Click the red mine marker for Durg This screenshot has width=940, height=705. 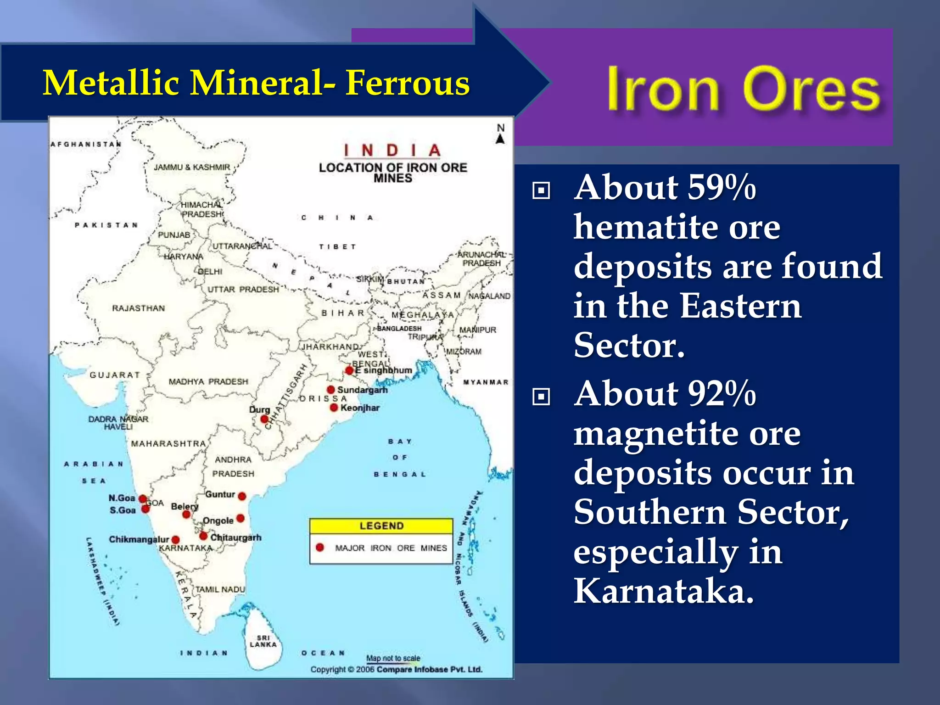point(264,419)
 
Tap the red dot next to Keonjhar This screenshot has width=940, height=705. point(334,408)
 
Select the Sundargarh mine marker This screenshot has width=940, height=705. point(330,390)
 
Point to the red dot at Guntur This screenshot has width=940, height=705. point(242,496)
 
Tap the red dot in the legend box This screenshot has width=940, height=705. point(320,547)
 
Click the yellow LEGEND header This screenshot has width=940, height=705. point(381,526)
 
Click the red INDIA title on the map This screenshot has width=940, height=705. point(392,150)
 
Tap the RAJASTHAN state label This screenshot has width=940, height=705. point(138,308)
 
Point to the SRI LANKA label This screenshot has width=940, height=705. point(263,641)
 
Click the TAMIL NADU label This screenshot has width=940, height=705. point(220,589)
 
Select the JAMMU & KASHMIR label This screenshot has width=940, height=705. point(192,168)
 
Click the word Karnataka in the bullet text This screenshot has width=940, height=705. point(663,591)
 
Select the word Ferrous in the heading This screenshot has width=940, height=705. point(408,83)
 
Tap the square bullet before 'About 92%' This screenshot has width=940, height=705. point(541,396)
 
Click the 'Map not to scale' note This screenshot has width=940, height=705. point(393,658)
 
